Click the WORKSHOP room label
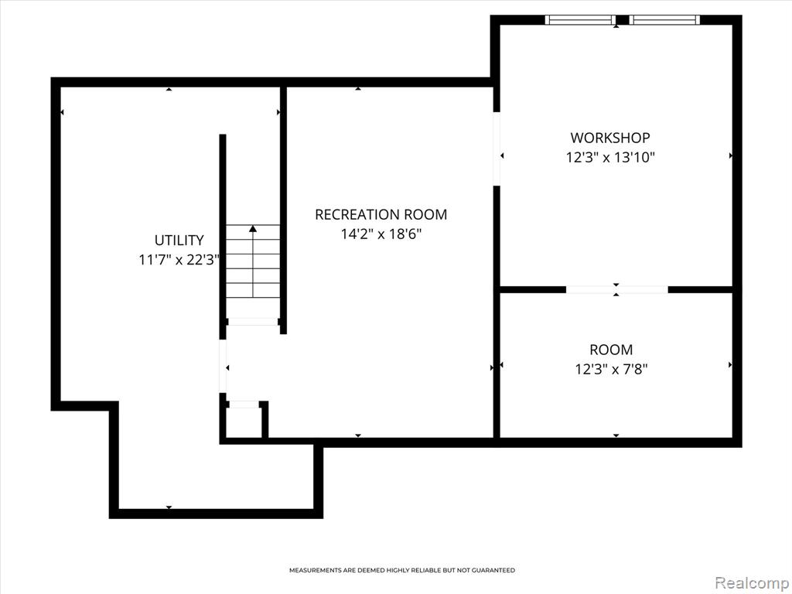tap(610, 138)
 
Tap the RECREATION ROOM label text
tap(381, 215)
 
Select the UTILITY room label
tap(179, 240)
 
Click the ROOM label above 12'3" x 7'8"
tap(611, 350)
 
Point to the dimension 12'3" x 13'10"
tap(610, 158)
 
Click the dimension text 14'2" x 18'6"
tap(381, 234)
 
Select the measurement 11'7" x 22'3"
tap(179, 260)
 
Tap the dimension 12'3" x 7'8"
tap(611, 370)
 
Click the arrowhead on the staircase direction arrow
tap(253, 229)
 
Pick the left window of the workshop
tap(580, 20)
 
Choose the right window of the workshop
tap(664, 20)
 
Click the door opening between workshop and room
tap(616, 289)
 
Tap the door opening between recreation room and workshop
tap(497, 148)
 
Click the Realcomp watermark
tap(752, 583)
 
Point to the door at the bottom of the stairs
tap(253, 322)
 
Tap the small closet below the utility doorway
tap(244, 420)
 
